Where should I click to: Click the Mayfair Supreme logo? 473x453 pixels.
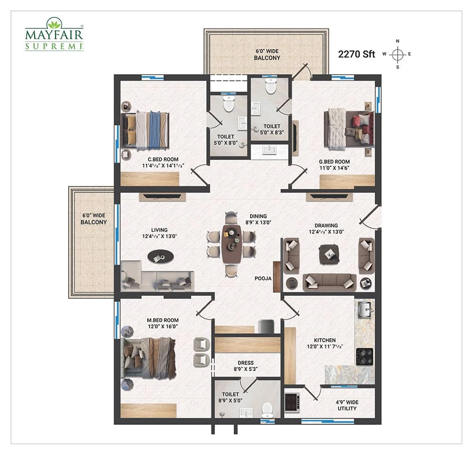[x=54, y=34]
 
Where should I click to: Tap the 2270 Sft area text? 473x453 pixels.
[x=356, y=54]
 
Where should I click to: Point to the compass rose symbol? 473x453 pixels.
[x=397, y=54]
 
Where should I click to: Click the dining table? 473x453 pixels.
[x=231, y=244]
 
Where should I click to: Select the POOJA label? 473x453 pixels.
[x=263, y=278]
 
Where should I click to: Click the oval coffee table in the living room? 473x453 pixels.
[x=160, y=257]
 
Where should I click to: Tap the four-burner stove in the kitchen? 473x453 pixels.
[x=365, y=356]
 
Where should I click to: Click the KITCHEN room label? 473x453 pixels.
[x=324, y=340]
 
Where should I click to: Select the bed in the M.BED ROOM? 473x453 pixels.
[x=148, y=358]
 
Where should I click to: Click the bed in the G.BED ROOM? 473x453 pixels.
[x=349, y=129]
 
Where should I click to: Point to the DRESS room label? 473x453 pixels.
[x=245, y=363]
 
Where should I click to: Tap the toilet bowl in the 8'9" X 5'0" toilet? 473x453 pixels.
[x=267, y=409]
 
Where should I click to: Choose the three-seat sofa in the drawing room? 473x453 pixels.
[x=329, y=283]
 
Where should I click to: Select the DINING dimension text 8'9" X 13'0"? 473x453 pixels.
[x=258, y=223]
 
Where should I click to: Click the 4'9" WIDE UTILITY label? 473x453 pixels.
[x=347, y=405]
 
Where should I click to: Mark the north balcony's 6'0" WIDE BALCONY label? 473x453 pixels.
[x=267, y=54]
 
